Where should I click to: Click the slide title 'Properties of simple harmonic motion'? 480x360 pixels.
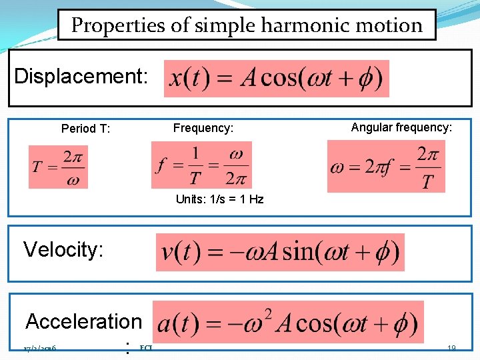tap(247, 25)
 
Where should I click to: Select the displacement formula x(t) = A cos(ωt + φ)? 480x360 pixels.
tap(276, 79)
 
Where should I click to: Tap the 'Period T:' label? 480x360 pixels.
tap(85, 129)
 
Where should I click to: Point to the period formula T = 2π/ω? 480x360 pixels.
tap(58, 167)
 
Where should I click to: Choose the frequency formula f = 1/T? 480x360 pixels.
tap(201, 165)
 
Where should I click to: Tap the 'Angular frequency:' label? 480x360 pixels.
tap(401, 127)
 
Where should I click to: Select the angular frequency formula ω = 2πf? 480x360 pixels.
tap(385, 166)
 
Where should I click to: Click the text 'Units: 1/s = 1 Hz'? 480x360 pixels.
tap(219, 199)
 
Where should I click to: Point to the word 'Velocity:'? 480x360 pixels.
tap(63, 249)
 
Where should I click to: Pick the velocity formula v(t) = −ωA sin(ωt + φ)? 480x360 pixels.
tap(280, 252)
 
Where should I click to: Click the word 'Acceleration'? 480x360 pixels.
tap(83, 321)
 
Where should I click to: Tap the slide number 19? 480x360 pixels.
tap(451, 348)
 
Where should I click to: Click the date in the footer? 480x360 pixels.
tap(39, 349)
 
